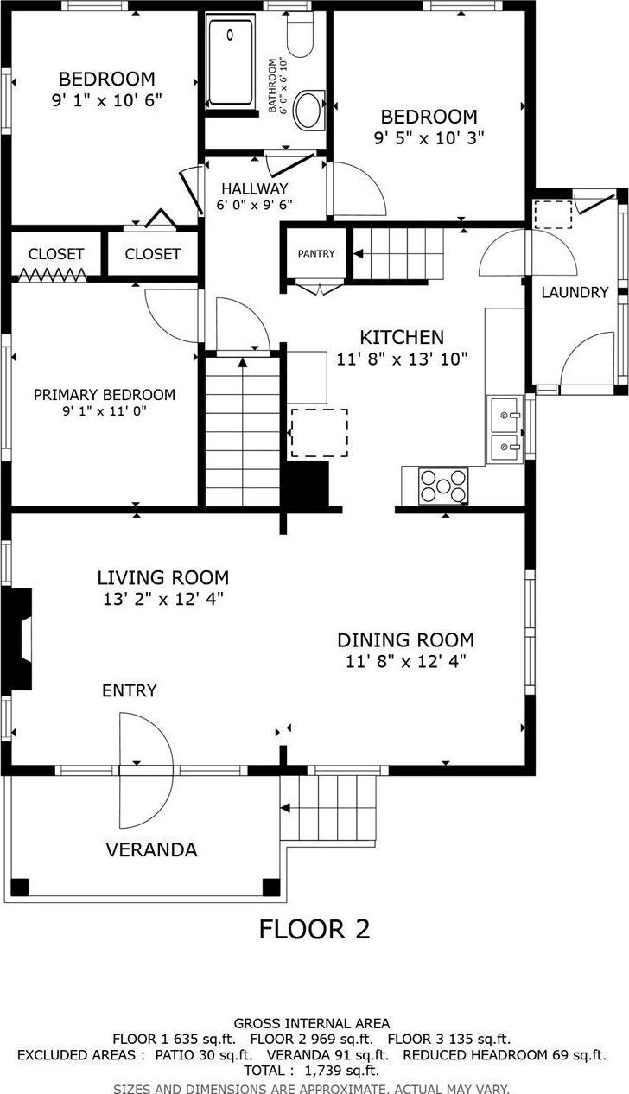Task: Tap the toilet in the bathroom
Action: pyautogui.click(x=300, y=35)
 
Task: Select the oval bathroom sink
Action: pyautogui.click(x=308, y=110)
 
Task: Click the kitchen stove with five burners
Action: pyautogui.click(x=443, y=486)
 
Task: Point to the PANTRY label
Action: pyautogui.click(x=316, y=253)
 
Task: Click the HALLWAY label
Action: pyautogui.click(x=254, y=188)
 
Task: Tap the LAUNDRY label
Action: pyautogui.click(x=575, y=293)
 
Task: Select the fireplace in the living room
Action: pyautogui.click(x=17, y=639)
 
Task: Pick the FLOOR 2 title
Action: pyautogui.click(x=314, y=929)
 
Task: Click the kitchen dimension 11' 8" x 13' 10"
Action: pyautogui.click(x=402, y=359)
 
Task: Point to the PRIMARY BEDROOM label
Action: pyautogui.click(x=104, y=395)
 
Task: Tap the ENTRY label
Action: pyautogui.click(x=130, y=690)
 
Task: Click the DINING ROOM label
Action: pyautogui.click(x=406, y=640)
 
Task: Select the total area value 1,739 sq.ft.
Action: pyautogui.click(x=342, y=1071)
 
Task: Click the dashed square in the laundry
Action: pyautogui.click(x=553, y=214)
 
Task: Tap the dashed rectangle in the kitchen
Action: pyautogui.click(x=320, y=433)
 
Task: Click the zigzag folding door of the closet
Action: pyautogui.click(x=54, y=275)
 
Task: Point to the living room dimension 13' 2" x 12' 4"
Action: pyautogui.click(x=163, y=599)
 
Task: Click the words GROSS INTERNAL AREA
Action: pyautogui.click(x=312, y=1023)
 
